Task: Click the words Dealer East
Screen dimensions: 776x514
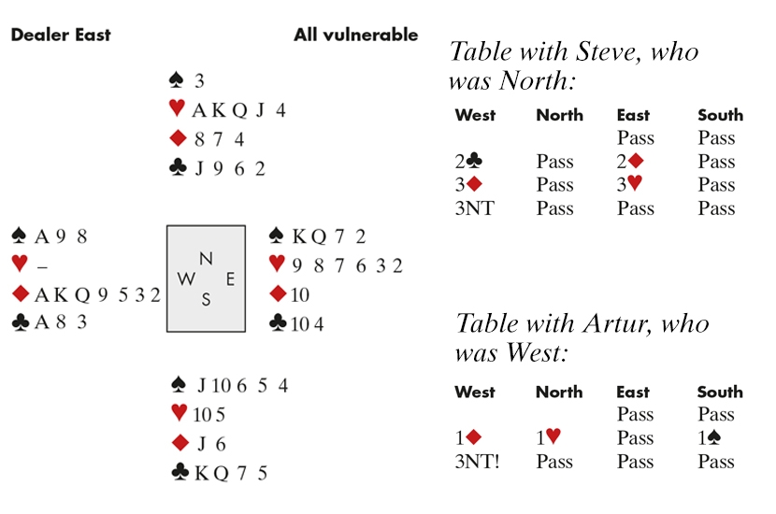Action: coord(61,36)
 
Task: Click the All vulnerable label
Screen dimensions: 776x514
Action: coord(356,36)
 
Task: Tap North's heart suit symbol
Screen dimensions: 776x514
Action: coord(177,107)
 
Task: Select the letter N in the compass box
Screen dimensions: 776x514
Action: coord(206,258)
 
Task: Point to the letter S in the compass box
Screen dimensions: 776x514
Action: coord(206,299)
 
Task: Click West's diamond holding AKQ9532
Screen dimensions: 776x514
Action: coord(97,294)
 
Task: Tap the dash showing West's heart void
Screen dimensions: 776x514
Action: coord(43,267)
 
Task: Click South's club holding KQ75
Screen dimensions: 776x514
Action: coord(231,474)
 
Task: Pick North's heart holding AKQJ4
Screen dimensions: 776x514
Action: coord(239,110)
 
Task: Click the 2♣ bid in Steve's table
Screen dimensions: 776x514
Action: coord(468,162)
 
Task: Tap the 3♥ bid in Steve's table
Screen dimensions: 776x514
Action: coord(629,184)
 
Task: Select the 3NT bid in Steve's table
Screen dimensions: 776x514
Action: coord(475,208)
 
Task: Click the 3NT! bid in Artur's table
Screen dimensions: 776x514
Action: coord(477,462)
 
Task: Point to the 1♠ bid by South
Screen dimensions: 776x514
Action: coord(710,437)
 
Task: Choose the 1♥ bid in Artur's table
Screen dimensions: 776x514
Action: coord(549,437)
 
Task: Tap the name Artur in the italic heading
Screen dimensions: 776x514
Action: coord(617,324)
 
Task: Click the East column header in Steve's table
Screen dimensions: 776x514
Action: coord(633,115)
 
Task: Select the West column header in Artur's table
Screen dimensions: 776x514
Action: coord(475,393)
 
